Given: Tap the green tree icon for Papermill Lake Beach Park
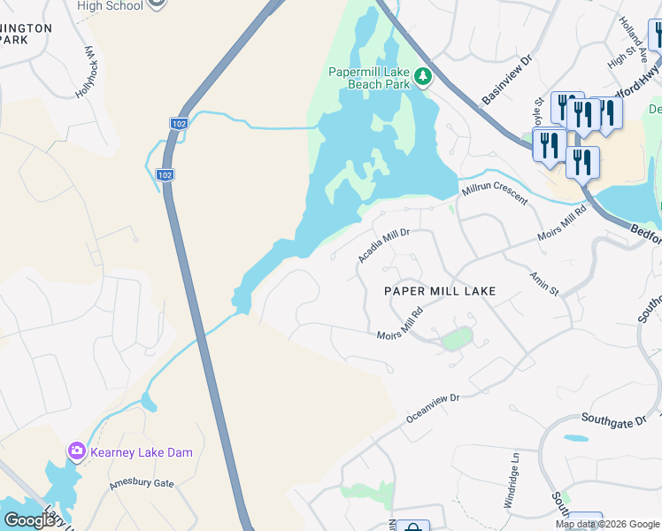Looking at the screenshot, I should (424, 77).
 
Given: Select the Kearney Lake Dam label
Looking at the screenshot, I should (142, 452).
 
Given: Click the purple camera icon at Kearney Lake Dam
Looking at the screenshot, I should (77, 452).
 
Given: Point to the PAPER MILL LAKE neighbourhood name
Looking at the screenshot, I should (439, 291).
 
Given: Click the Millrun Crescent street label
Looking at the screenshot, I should (493, 193).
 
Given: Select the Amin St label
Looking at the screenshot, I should (543, 284).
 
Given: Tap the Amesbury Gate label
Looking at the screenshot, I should (142, 484).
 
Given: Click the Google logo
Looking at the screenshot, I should (29, 519).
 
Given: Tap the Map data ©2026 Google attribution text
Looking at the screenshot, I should (607, 524).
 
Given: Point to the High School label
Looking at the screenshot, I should (110, 5).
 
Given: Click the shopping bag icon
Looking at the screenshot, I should (412, 527).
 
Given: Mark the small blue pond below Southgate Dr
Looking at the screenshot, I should (574, 438).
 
